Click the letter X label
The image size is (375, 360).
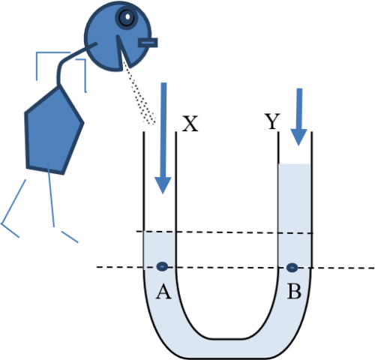coord(190,124)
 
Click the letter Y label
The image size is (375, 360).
coord(272,121)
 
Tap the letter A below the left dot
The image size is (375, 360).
coord(163,292)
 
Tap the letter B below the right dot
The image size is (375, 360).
coord(294,291)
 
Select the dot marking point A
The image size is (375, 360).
coord(162,266)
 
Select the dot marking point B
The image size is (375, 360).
coord(292,268)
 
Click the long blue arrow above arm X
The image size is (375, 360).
coord(163,138)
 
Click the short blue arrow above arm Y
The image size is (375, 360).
coord(299,117)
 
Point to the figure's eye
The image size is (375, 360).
coord(127,17)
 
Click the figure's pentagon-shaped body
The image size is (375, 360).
coord(53,131)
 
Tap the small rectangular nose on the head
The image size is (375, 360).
coord(148,43)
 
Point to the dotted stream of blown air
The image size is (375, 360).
coord(139,94)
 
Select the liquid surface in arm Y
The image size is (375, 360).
coord(295,164)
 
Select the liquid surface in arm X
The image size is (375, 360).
coord(160,232)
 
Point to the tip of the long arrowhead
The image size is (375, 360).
coord(163,193)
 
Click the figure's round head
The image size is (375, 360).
coord(118,36)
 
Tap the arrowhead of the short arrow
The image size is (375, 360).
coord(298,137)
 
